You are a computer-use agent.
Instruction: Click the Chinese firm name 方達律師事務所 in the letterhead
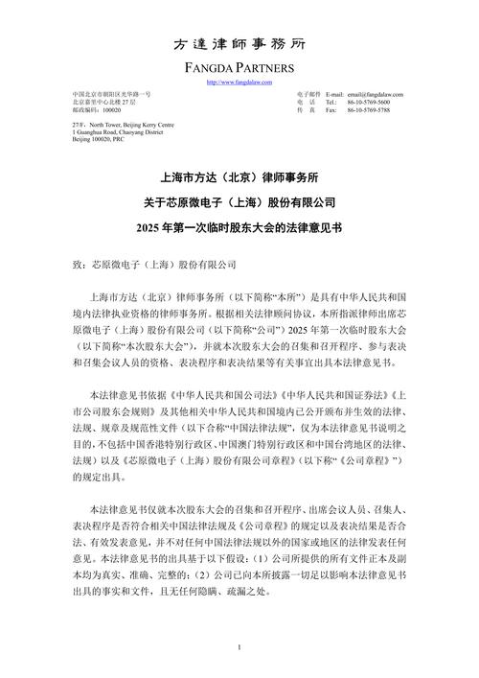[x=239, y=44]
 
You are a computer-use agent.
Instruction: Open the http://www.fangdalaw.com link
[x=239, y=82]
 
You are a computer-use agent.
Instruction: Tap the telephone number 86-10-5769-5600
[x=371, y=103]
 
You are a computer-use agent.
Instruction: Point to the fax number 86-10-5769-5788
[x=371, y=110]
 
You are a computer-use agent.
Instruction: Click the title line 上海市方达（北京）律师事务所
[x=239, y=178]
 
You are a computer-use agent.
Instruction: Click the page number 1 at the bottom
[x=239, y=649]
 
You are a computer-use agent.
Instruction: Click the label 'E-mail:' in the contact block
[x=334, y=95]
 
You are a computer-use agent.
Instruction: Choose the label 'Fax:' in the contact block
[x=331, y=110]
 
